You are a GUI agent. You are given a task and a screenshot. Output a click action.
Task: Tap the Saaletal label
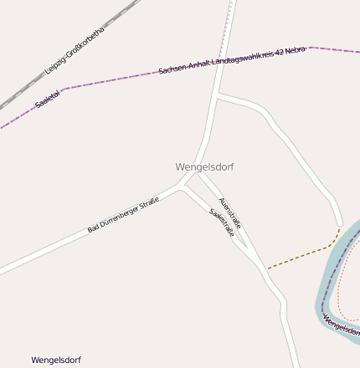pyautogui.click(x=48, y=100)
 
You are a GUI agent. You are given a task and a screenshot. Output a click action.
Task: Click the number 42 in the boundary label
pyautogui.click(x=280, y=54)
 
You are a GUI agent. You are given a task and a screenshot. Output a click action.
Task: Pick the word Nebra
pyautogui.click(x=296, y=51)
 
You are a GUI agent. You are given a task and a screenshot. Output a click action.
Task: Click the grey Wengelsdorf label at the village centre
pyautogui.click(x=204, y=167)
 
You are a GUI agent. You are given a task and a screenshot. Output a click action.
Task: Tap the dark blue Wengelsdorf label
pyautogui.click(x=56, y=360)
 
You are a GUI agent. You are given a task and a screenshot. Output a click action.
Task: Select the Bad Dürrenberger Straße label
pyautogui.click(x=123, y=215)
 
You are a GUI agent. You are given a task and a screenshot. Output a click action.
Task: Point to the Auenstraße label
pyautogui.click(x=229, y=212)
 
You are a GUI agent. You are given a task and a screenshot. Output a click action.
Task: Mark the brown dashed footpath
pyautogui.click(x=301, y=255)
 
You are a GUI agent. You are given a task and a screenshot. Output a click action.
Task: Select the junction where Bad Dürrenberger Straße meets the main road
pyautogui.click(x=183, y=187)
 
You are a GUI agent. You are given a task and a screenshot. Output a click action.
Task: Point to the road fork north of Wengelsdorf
pyautogui.click(x=216, y=97)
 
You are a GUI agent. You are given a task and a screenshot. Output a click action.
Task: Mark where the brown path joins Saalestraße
pyautogui.click(x=267, y=269)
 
